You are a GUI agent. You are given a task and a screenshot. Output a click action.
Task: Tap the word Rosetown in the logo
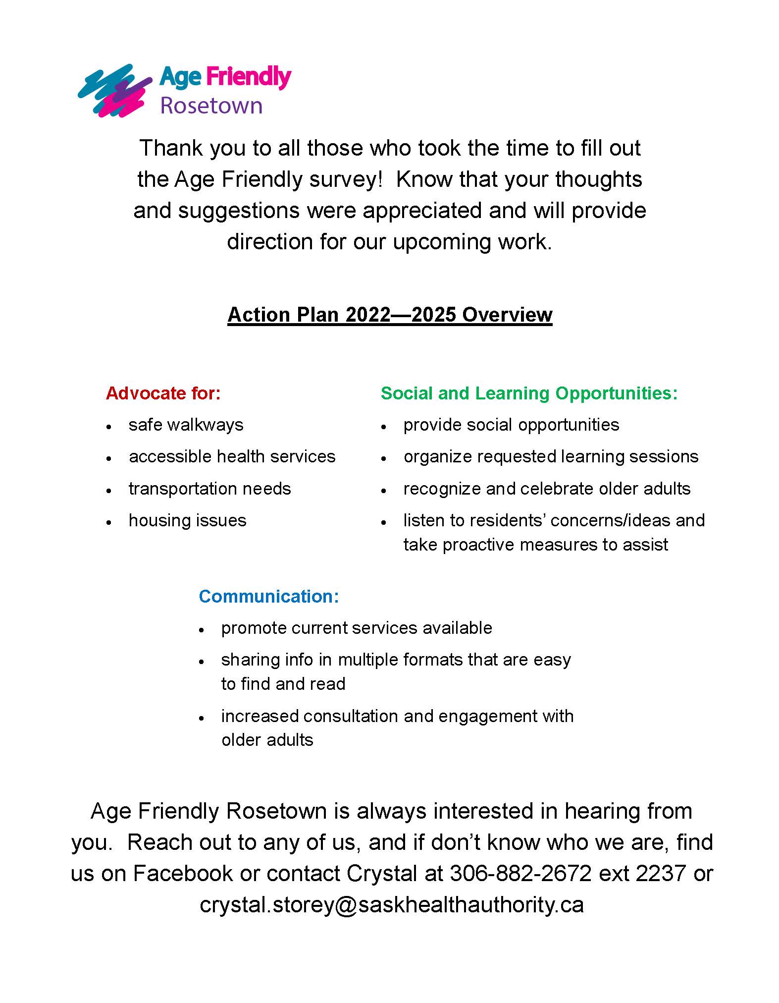click(x=211, y=106)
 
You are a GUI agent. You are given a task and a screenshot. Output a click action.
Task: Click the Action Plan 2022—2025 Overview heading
click(x=390, y=315)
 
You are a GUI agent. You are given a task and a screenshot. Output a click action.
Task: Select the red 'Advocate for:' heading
click(x=163, y=393)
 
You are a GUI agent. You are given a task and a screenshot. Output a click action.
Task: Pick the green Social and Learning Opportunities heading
click(x=528, y=393)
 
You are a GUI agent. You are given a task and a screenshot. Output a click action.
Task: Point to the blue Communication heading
click(x=268, y=596)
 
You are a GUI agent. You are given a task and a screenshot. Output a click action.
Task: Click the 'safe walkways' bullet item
click(x=186, y=425)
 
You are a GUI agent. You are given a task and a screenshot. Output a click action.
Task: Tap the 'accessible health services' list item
click(x=232, y=456)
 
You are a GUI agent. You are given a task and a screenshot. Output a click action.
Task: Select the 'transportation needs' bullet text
click(x=209, y=489)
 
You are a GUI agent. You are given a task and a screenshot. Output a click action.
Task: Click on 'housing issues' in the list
click(x=187, y=520)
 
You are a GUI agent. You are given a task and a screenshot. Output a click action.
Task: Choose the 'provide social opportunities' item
click(x=511, y=425)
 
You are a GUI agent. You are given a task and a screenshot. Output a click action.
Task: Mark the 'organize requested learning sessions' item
click(x=551, y=456)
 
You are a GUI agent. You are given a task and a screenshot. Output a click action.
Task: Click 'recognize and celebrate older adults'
click(x=547, y=489)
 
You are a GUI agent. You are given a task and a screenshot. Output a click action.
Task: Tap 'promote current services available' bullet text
click(x=357, y=628)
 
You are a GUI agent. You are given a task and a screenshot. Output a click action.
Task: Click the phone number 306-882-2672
click(x=520, y=874)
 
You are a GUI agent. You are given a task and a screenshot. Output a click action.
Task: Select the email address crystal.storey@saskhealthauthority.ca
click(x=392, y=904)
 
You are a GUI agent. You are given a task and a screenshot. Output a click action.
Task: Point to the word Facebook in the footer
click(x=183, y=874)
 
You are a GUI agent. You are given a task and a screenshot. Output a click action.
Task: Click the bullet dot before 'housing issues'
click(x=108, y=522)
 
